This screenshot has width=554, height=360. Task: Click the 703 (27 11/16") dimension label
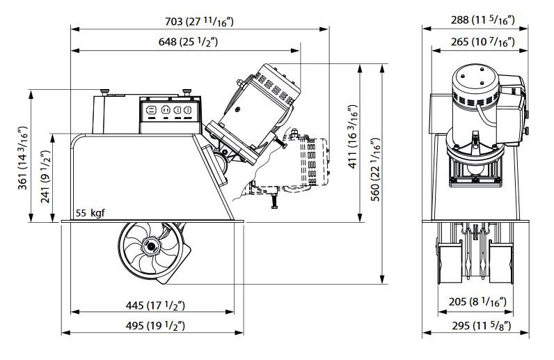(199, 21)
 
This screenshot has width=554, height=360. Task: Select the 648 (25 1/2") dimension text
(188, 42)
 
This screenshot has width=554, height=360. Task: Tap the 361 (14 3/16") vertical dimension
(22, 157)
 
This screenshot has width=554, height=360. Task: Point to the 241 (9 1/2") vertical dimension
(45, 176)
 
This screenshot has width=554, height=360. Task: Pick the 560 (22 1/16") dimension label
(376, 169)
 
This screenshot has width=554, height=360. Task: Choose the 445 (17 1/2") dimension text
(155, 305)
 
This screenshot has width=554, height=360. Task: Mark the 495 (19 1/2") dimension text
(155, 325)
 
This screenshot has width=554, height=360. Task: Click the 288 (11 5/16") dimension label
(482, 19)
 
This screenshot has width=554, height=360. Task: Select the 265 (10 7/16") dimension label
(482, 42)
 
